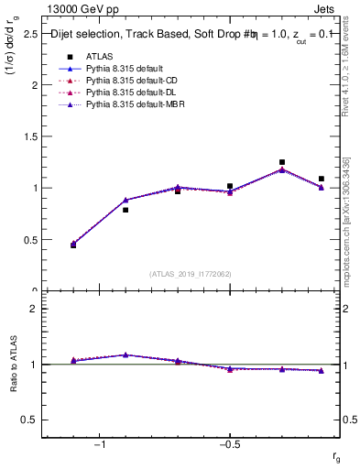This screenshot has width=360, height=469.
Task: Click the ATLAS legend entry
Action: (x=99, y=56)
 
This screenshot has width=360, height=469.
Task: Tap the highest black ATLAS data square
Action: (x=282, y=162)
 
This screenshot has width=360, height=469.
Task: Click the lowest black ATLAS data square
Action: (x=73, y=245)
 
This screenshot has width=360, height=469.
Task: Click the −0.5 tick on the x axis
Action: (x=229, y=444)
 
